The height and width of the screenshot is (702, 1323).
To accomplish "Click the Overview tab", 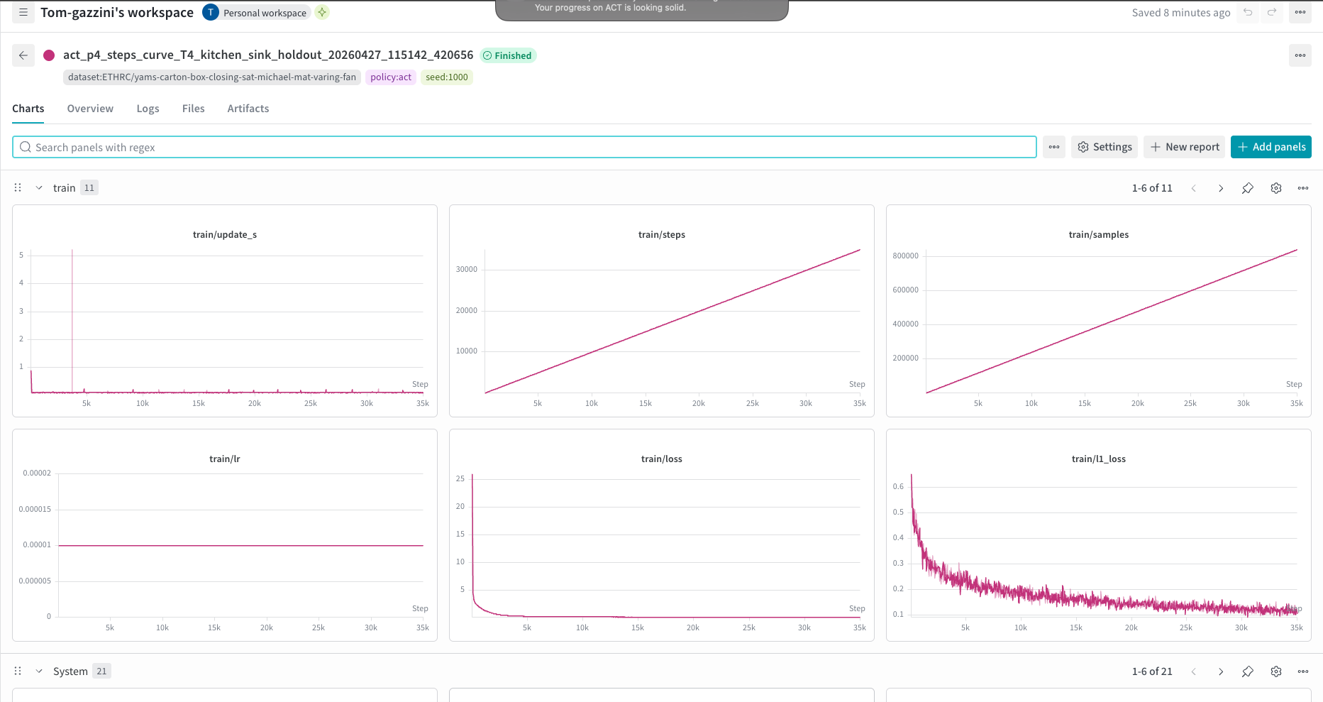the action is [90, 109].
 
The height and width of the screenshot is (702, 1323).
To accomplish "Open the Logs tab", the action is [148, 109].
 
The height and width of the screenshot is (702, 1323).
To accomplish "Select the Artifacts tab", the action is [248, 109].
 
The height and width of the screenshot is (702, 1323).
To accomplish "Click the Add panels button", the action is [1271, 147].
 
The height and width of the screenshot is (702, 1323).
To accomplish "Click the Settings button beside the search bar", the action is [1105, 147].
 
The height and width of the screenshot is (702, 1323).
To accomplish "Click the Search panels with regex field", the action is [524, 147].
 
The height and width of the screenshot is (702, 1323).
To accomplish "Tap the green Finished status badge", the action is [508, 55].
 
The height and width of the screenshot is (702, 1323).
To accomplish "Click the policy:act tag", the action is [391, 77].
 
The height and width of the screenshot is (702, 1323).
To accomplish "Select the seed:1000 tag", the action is [447, 77].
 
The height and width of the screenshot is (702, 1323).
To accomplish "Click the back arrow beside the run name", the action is [23, 55].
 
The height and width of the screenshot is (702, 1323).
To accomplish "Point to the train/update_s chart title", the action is [225, 235].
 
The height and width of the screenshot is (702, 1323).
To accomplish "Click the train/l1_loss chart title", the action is [1099, 459].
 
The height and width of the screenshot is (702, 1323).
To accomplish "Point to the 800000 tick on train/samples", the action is [905, 256].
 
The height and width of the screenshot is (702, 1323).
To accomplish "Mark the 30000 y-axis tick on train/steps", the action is [467, 270].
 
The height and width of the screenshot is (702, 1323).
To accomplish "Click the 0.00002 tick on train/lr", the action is [37, 473].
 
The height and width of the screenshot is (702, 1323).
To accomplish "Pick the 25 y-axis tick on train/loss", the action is [460, 479].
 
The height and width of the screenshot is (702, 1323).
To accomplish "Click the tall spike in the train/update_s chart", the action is [72, 319].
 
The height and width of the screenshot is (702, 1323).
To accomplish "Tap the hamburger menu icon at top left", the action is [23, 13].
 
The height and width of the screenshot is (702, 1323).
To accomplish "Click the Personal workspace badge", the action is [257, 13].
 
